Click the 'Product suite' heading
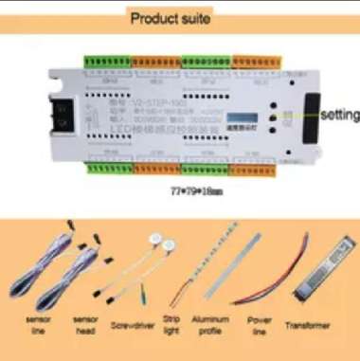(171, 18)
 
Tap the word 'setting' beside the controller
(338, 116)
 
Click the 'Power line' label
(260, 326)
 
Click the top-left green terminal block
(102, 63)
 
